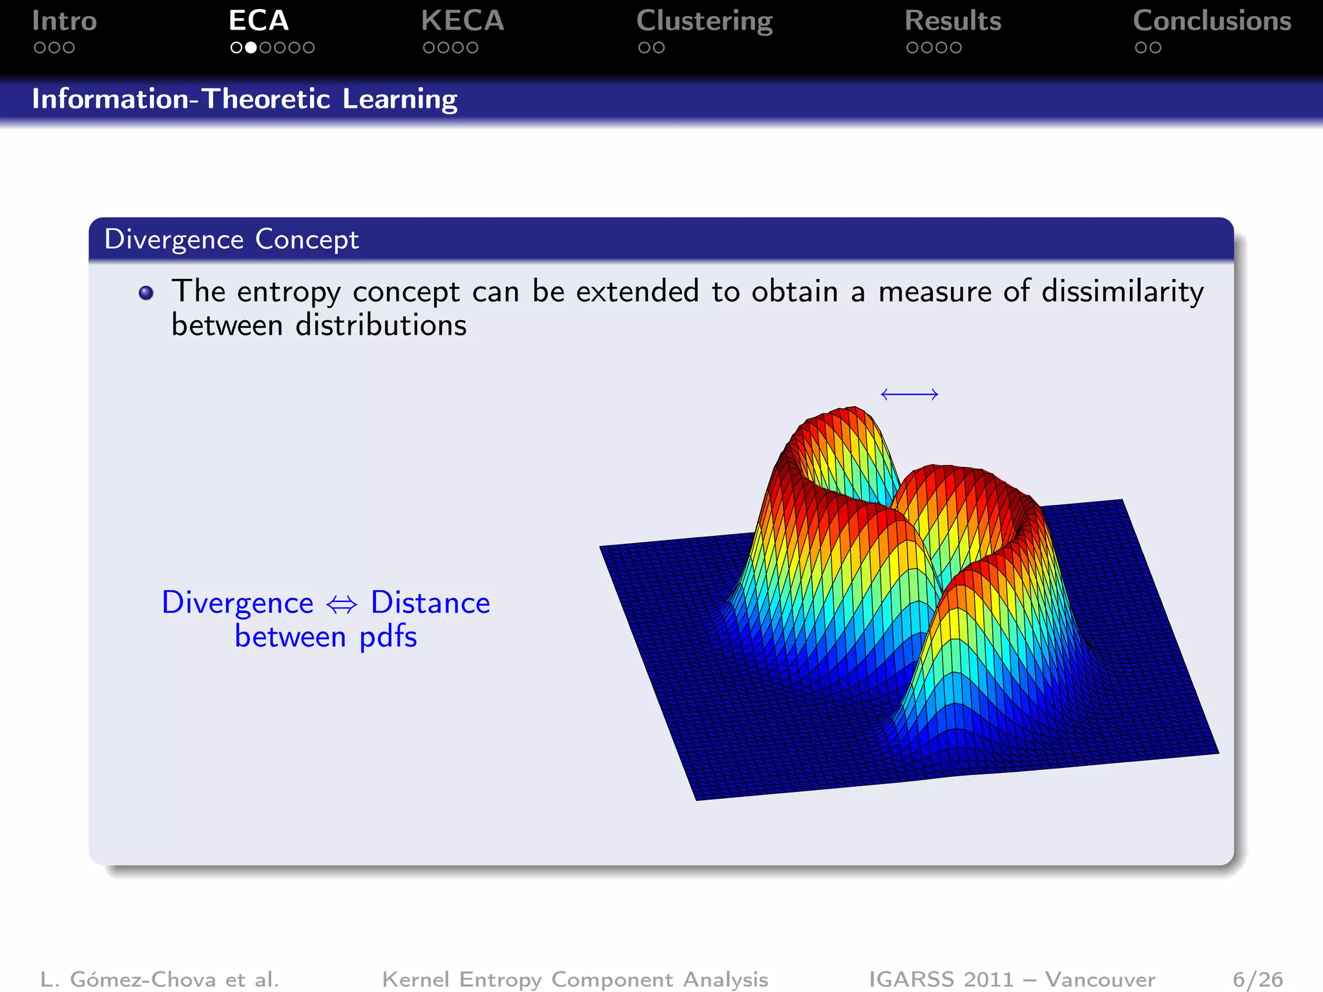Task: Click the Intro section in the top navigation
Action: coord(64,21)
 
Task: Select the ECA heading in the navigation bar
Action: coord(258,21)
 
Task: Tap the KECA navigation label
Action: coord(462,21)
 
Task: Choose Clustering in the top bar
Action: coord(704,22)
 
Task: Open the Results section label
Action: coord(953,21)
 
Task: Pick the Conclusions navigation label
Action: coord(1212,21)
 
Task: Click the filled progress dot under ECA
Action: coord(251,48)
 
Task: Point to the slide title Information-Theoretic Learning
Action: coord(245,99)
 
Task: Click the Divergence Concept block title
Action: coord(231,240)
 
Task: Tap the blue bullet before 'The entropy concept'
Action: coord(147,293)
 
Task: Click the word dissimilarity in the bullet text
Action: coord(1122,292)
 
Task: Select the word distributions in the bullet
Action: coord(380,325)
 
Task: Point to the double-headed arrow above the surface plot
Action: coord(909,394)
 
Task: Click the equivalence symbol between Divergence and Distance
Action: coord(342,604)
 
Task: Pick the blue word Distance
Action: coord(430,603)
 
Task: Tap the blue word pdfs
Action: coord(388,637)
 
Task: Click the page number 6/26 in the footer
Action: coord(1257,979)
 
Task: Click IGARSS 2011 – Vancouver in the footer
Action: coord(1012,979)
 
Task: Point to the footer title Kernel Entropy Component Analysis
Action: coord(575,979)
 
